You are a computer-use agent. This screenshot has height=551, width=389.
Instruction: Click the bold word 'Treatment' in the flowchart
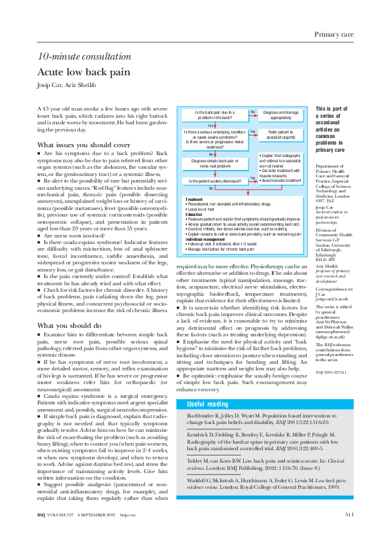(x=194, y=198)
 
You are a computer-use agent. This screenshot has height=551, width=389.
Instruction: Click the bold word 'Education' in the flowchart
(x=194, y=214)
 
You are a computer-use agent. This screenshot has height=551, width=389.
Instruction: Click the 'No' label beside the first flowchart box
(x=252, y=112)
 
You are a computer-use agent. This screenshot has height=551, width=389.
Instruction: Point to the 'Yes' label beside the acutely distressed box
(x=252, y=177)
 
